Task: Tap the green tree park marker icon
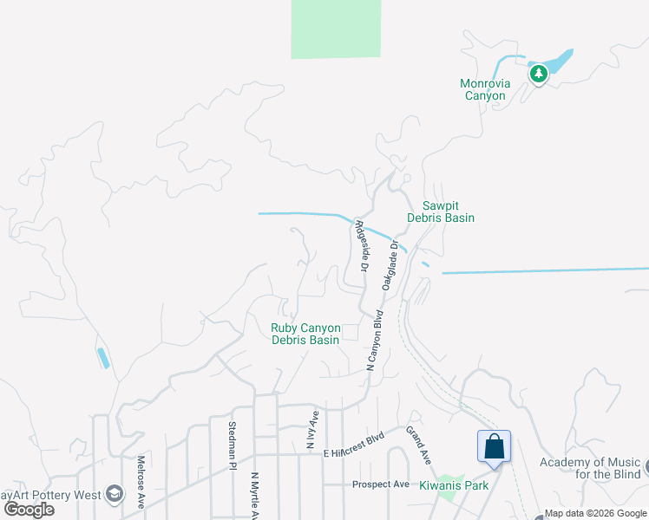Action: pyautogui.click(x=539, y=74)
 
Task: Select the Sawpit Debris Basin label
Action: pyautogui.click(x=448, y=211)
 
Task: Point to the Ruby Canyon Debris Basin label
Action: pyautogui.click(x=305, y=334)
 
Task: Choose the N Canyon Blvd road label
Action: pyautogui.click(x=376, y=341)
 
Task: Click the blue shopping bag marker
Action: pyautogui.click(x=494, y=446)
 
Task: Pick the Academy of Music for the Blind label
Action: pyautogui.click(x=590, y=468)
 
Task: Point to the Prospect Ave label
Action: pyautogui.click(x=380, y=484)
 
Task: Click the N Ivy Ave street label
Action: pyautogui.click(x=311, y=431)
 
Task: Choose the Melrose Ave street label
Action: pyautogui.click(x=141, y=481)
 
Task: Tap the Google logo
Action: pyautogui.click(x=29, y=510)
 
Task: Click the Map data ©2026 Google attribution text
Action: pyautogui.click(x=596, y=513)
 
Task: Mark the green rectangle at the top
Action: pyautogui.click(x=336, y=29)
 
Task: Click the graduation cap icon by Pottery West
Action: pyautogui.click(x=113, y=494)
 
